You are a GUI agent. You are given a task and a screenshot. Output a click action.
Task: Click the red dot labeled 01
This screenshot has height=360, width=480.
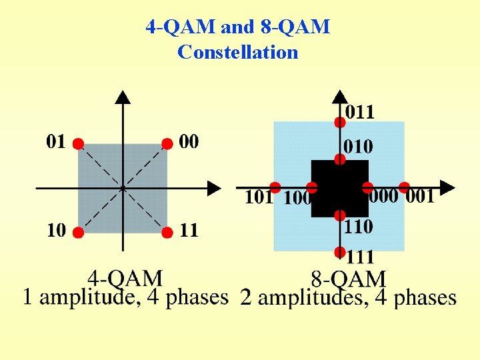tap(78, 143)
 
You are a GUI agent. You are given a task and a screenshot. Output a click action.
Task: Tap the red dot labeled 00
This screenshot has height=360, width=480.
tap(167, 143)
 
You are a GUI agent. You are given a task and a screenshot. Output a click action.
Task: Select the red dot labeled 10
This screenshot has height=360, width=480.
tap(78, 233)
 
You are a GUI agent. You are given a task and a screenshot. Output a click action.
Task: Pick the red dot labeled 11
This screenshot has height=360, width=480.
tap(167, 233)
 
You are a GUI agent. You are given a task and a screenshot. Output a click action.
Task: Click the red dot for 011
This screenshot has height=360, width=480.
tap(339, 122)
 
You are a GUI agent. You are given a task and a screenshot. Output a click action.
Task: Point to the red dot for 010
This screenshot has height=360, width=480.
tap(339, 159)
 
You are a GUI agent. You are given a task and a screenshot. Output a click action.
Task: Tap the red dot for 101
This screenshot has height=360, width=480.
tap(275, 187)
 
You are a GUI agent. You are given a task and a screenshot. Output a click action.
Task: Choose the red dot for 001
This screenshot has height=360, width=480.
tap(404, 187)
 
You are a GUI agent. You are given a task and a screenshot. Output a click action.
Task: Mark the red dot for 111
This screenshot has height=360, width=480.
tap(339, 252)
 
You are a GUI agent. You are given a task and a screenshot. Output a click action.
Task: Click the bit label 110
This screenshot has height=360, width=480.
tap(358, 227)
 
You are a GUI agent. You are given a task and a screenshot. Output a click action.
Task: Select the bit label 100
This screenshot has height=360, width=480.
tap(297, 197)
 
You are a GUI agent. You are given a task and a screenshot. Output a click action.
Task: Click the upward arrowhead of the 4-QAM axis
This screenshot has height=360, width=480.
tap(123, 97)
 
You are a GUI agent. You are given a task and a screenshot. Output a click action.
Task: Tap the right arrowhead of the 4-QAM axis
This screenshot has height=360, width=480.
tap(215, 188)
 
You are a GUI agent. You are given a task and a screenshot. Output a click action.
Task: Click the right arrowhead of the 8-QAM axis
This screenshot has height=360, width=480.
tap(448, 187)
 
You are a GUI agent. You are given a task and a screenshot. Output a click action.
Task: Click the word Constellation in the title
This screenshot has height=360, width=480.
tap(237, 51)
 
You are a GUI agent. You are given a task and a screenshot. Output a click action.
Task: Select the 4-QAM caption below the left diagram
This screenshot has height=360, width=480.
tap(125, 277)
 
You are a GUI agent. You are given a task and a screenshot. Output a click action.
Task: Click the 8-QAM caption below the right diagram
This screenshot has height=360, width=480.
tap(348, 279)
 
